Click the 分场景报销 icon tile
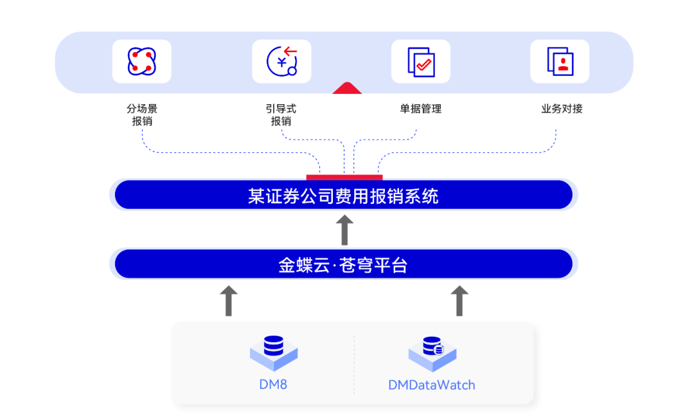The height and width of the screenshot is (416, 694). [141, 61]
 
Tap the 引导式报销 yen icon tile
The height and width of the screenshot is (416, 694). [281, 61]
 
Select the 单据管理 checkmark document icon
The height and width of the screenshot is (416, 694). [420, 61]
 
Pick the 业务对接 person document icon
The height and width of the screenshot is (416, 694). [560, 61]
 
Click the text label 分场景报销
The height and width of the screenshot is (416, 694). [142, 114]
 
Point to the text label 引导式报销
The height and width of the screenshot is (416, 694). [281, 114]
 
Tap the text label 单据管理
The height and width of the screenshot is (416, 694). [421, 109]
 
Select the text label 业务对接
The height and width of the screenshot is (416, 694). [562, 109]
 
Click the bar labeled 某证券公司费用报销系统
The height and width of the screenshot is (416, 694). [343, 194]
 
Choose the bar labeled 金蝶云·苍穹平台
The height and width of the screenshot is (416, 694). [343, 264]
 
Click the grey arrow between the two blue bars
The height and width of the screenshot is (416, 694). [344, 230]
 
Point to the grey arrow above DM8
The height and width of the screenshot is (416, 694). [228, 301]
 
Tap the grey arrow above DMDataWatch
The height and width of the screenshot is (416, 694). [459, 301]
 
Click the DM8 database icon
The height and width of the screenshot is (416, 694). [274, 352]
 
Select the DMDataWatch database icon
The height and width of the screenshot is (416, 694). [432, 353]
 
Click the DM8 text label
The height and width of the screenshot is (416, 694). [273, 384]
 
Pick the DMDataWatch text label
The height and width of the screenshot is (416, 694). [432, 385]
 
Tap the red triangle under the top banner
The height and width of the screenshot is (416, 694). [347, 88]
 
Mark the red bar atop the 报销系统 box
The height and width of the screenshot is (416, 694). [344, 177]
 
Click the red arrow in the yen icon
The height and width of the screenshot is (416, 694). [290, 51]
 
